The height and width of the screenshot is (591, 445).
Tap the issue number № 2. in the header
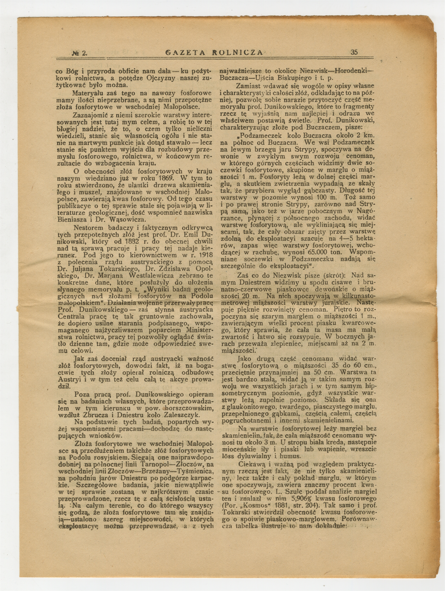pos(80,53)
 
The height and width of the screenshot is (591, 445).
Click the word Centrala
pos(71,317)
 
